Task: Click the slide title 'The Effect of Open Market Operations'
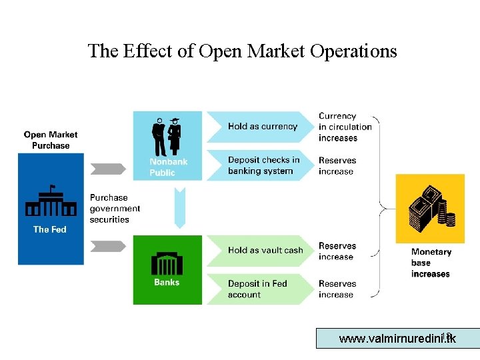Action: [242, 51]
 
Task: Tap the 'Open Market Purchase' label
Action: [51, 140]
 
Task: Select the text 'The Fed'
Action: [50, 229]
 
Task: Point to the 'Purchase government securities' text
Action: [115, 209]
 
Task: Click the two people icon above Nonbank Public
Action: [167, 137]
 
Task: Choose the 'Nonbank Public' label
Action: [168, 167]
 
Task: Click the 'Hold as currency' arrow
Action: [262, 127]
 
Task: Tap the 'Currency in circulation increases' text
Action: [345, 127]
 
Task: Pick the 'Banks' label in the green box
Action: [167, 283]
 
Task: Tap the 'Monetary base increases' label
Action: [431, 263]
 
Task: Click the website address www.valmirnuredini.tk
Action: [397, 339]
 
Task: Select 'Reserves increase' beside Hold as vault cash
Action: [337, 251]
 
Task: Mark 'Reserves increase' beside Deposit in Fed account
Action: [337, 289]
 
